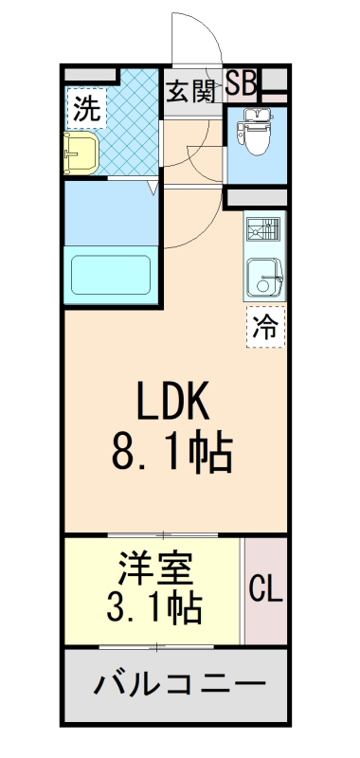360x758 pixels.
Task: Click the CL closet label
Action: (x=266, y=590)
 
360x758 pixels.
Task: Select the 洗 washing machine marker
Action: (x=86, y=108)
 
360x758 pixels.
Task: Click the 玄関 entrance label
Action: (x=192, y=93)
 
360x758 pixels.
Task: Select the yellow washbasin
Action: (x=81, y=152)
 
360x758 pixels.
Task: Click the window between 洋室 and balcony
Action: (x=156, y=647)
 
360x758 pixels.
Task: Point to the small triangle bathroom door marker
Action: (x=151, y=189)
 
